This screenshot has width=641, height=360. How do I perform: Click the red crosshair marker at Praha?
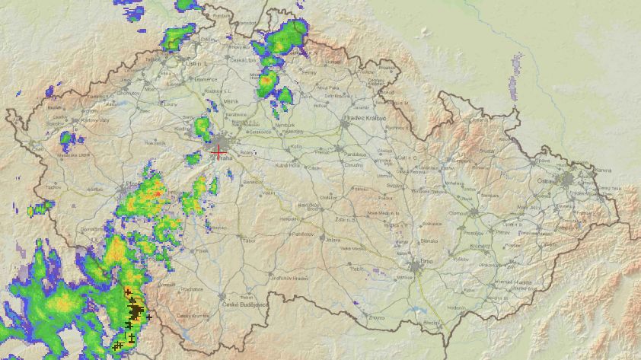click(x=218, y=152)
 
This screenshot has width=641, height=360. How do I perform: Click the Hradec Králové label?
click(x=366, y=119)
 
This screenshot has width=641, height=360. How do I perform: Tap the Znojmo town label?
click(x=376, y=317)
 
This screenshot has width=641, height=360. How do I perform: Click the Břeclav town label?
click(x=432, y=323)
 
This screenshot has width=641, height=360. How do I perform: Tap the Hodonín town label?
click(x=456, y=307)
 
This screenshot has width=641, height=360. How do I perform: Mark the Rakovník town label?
click(x=155, y=142)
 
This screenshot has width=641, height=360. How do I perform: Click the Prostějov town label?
click(x=474, y=233)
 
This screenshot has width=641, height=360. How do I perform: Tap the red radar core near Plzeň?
click(x=157, y=193)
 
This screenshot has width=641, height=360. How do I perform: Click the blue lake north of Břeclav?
click(x=416, y=311)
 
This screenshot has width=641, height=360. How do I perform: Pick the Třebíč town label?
click(x=356, y=269)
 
